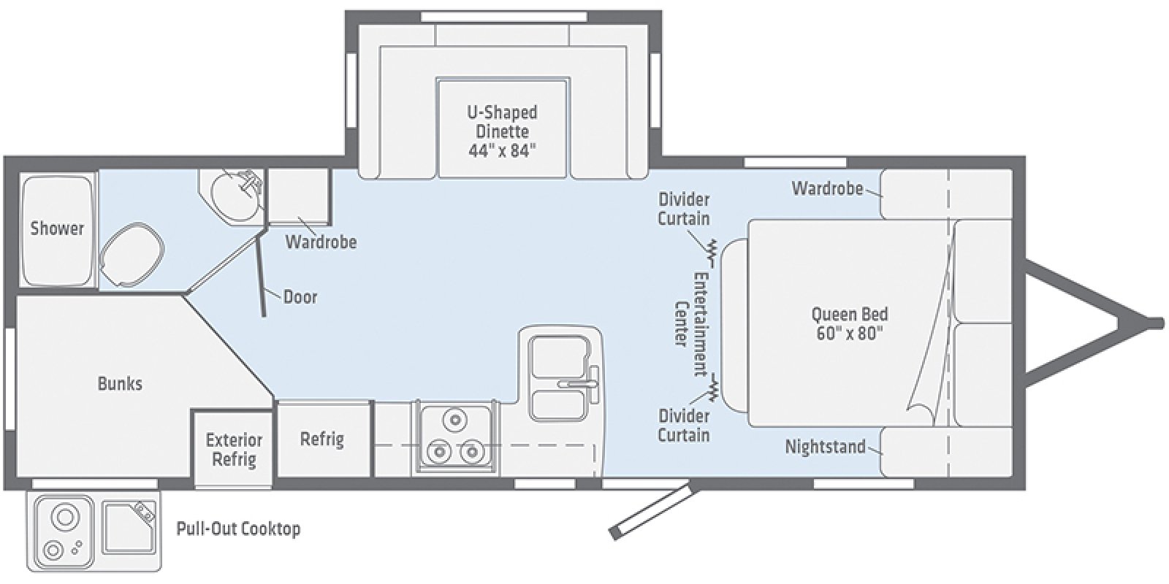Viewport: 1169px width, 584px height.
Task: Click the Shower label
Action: pos(57,228)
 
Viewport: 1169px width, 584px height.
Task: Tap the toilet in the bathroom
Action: pos(131,252)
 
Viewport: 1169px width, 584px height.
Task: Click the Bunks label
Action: pos(120,383)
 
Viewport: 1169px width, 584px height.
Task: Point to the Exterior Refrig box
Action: pos(233,449)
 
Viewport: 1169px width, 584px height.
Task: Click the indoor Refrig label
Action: pos(322,439)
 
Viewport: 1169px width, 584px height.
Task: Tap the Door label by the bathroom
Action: pos(300,296)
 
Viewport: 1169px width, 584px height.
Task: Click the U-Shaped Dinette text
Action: pos(502,122)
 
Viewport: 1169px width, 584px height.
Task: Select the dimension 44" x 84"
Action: pos(502,151)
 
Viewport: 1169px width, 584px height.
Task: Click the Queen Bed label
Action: pos(850,314)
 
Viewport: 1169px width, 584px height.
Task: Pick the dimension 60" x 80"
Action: pos(850,334)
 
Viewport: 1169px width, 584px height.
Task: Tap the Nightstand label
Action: pos(825,446)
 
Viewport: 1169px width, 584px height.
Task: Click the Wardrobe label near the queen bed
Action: pos(827,188)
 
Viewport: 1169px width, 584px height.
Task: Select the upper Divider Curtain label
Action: pos(684,208)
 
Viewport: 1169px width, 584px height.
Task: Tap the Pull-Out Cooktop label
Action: pos(238,529)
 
